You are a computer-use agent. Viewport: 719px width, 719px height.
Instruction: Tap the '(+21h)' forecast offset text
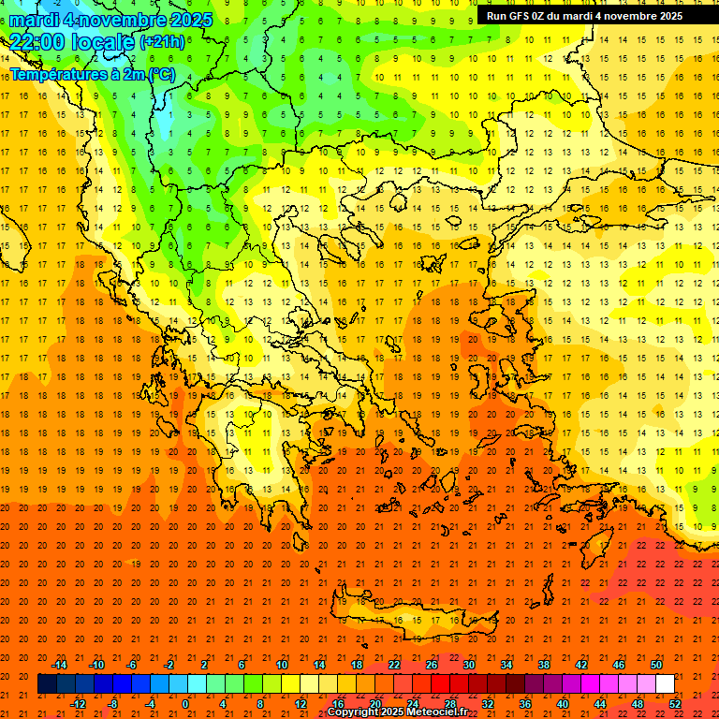pos(162,42)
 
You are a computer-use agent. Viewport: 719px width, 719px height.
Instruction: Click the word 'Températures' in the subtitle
pos(55,74)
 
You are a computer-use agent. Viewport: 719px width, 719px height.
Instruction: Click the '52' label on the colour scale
pos(675,704)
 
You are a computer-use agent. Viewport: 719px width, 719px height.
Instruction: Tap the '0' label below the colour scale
pos(184,704)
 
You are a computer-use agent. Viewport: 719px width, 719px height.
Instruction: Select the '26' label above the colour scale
pos(432,664)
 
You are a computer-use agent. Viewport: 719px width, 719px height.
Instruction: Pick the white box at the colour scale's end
pos(665,684)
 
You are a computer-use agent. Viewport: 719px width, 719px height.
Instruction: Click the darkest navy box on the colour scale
pos(47,684)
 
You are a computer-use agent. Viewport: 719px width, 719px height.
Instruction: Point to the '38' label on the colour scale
pos(544,664)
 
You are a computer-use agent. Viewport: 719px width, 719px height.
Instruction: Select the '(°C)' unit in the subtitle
pos(157,74)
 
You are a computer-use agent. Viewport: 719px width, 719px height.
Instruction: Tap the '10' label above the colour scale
pos(282,664)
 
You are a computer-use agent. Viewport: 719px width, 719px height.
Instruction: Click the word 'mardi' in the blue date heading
pos(35,20)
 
